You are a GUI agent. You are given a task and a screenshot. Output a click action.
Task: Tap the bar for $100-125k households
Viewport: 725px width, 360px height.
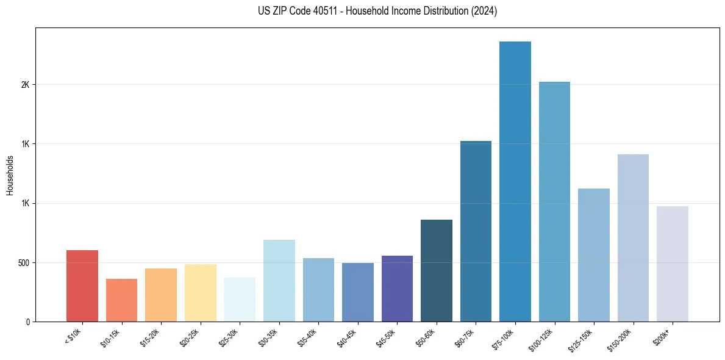pyautogui.click(x=554, y=201)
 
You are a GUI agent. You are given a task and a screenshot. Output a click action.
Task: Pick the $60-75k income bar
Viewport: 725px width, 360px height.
pyautogui.click(x=476, y=231)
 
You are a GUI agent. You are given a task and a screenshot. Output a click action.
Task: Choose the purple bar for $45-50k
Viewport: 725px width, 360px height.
pyautogui.click(x=397, y=289)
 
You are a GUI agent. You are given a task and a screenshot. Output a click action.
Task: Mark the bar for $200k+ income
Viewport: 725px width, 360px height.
pyautogui.click(x=672, y=264)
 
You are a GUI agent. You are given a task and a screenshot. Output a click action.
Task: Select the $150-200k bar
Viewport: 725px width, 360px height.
pyautogui.click(x=633, y=238)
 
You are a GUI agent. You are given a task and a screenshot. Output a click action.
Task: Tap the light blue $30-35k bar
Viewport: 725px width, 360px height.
pyautogui.click(x=279, y=281)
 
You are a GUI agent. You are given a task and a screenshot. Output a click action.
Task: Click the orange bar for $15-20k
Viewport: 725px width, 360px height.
pyautogui.click(x=161, y=295)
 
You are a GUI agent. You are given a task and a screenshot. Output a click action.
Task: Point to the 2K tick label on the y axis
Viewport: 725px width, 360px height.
pyautogui.click(x=25, y=85)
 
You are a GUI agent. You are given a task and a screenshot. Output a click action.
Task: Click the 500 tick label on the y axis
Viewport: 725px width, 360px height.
pyautogui.click(x=23, y=262)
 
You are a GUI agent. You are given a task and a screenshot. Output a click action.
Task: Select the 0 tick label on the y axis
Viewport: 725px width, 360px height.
pyautogui.click(x=27, y=322)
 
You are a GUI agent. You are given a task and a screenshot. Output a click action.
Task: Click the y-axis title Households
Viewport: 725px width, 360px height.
pyautogui.click(x=10, y=175)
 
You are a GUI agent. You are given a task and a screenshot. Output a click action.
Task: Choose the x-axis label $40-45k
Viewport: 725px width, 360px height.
pyautogui.click(x=348, y=338)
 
